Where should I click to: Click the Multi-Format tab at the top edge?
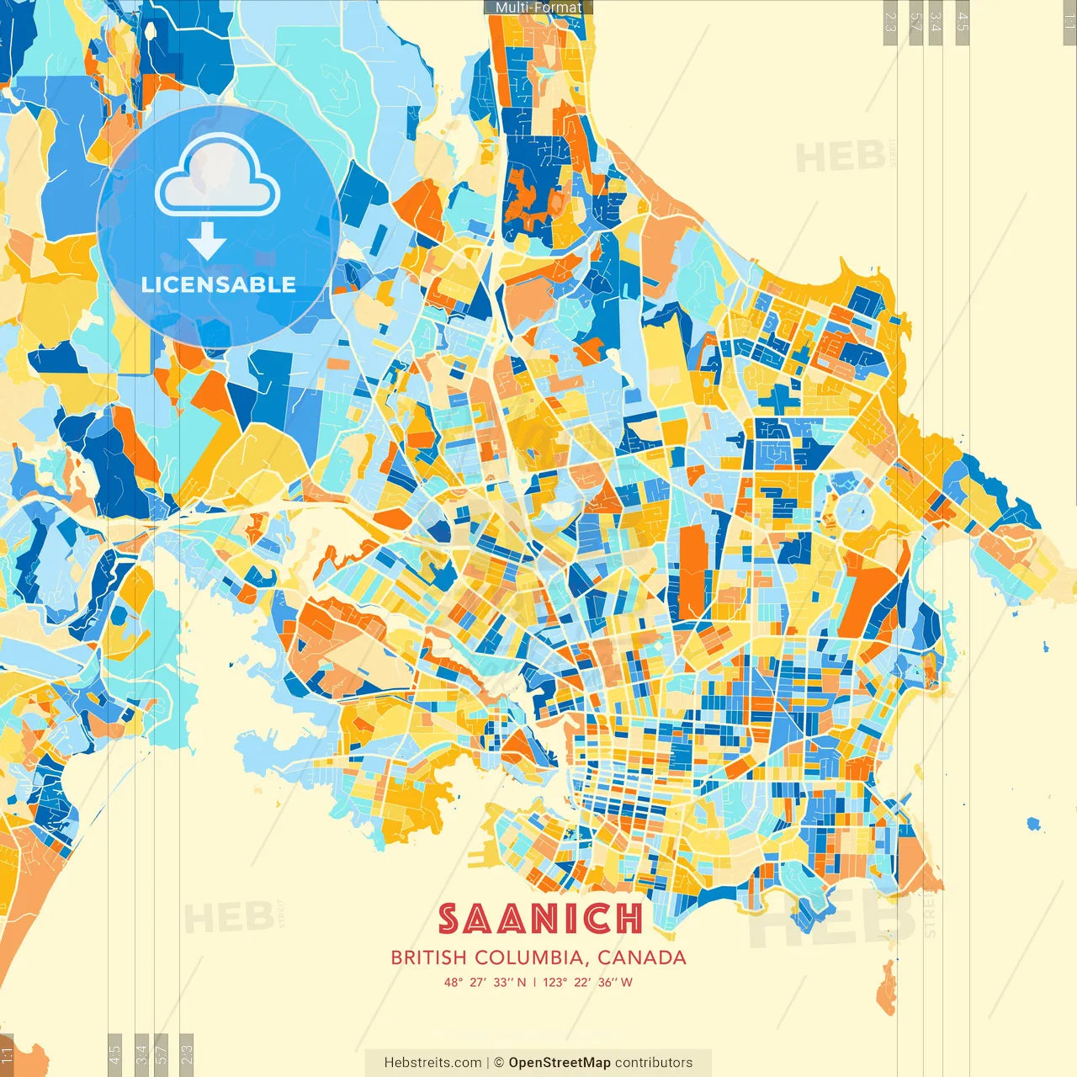[538, 8]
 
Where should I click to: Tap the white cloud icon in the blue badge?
[218, 179]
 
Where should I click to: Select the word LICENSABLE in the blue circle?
[219, 284]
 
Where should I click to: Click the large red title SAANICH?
[539, 919]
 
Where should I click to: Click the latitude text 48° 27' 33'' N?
[485, 982]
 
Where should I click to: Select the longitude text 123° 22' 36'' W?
[587, 982]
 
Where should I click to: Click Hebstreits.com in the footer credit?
[432, 1063]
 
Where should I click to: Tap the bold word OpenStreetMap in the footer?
[560, 1063]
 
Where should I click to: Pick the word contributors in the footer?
[654, 1063]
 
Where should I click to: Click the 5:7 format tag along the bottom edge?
[162, 1053]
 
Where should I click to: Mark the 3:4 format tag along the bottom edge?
[141, 1053]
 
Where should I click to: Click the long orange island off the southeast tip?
[886, 989]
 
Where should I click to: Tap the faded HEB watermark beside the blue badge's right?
[840, 157]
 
